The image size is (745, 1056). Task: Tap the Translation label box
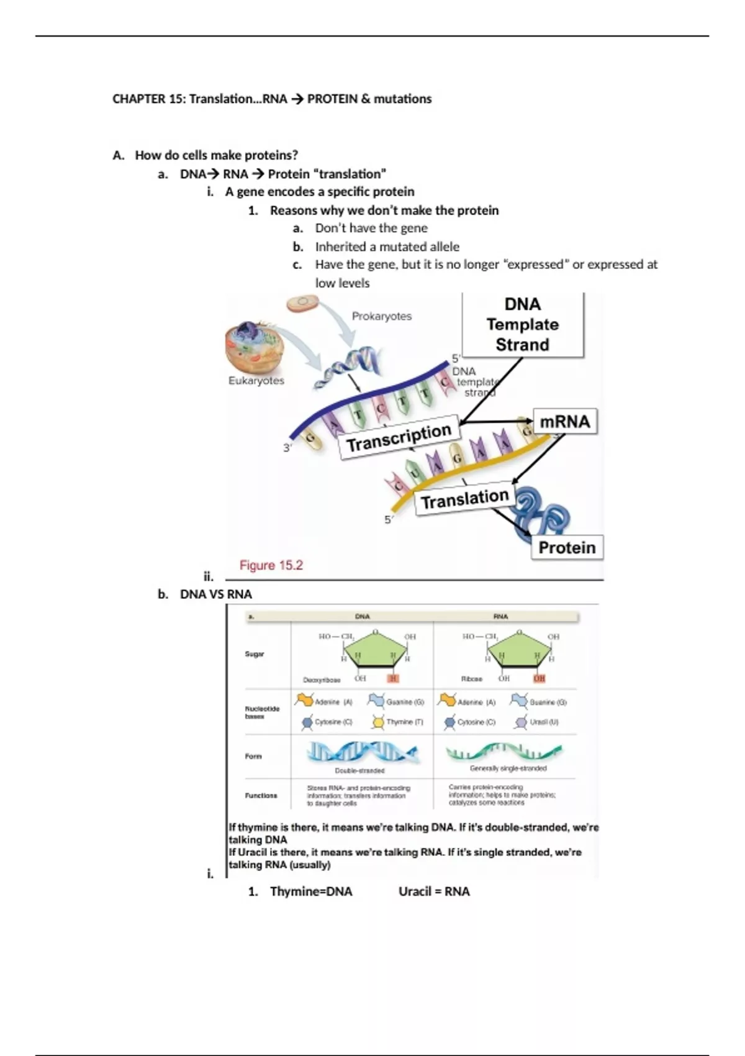[465, 498]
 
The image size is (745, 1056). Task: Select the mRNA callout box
[564, 422]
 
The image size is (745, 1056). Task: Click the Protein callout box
[567, 548]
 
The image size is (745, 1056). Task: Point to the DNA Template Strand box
[522, 324]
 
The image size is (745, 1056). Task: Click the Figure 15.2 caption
[271, 565]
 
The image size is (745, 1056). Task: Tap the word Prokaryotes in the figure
[382, 316]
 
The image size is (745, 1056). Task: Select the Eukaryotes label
[256, 381]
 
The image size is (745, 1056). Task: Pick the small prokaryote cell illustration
[302, 303]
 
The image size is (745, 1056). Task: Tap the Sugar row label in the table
[255, 654]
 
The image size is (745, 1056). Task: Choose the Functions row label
[261, 795]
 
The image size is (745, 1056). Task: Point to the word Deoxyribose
[322, 680]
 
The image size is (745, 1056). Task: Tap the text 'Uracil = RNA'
[434, 891]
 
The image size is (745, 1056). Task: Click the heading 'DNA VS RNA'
[216, 594]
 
